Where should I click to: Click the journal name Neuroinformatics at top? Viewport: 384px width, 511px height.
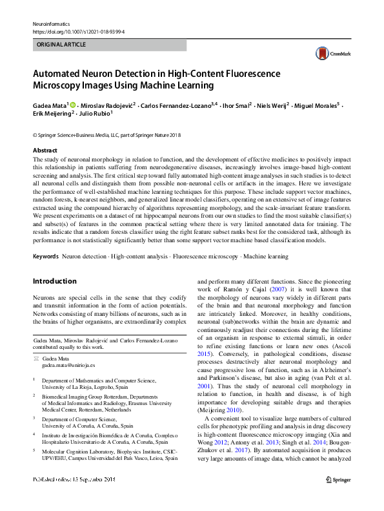tap(50, 23)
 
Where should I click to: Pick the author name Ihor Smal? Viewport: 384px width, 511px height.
tap(235, 105)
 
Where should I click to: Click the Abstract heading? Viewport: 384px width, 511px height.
tap(45, 150)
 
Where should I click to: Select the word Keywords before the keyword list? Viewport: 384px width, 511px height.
tap(46, 257)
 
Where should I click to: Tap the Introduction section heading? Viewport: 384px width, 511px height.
tap(54, 282)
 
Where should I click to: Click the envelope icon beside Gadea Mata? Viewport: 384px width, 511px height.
tap(36, 357)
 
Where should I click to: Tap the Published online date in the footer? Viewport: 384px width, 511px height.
tap(74, 498)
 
